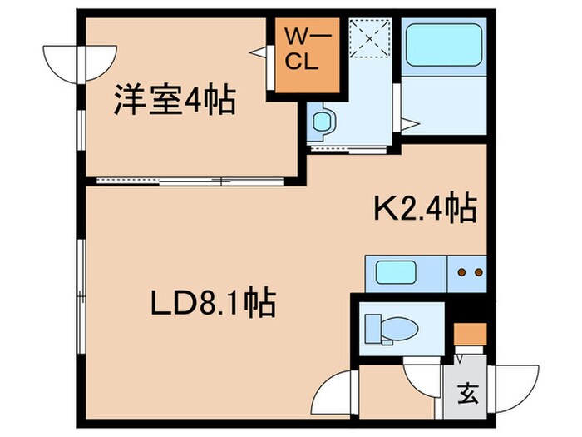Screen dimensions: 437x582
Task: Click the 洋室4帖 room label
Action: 174,102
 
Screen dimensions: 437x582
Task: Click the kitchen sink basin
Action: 396,273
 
